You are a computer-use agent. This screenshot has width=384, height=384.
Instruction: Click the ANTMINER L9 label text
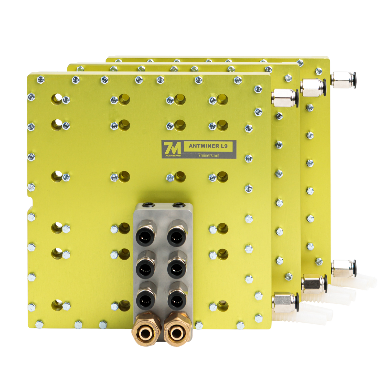(x=208, y=146)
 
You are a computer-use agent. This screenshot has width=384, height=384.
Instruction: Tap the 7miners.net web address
(x=209, y=155)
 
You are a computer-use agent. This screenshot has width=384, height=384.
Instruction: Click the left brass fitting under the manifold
(x=146, y=330)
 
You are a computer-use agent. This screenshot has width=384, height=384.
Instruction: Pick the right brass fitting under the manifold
(x=177, y=330)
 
